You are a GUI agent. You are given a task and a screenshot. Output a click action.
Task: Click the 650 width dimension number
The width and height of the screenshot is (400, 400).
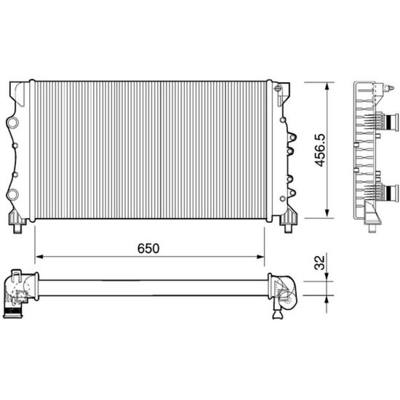[x=148, y=249]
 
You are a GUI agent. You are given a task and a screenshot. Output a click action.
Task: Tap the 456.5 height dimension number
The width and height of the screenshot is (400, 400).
[x=320, y=151]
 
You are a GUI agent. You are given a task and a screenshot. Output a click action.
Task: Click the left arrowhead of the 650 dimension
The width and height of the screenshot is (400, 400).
[x=39, y=257]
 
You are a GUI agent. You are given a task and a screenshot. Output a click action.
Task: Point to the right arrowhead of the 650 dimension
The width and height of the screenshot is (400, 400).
[x=260, y=257]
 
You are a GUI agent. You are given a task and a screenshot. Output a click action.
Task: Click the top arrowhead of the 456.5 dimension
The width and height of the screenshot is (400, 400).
[x=327, y=87]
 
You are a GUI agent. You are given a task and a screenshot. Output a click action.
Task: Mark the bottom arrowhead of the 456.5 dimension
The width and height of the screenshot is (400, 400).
[x=327, y=214]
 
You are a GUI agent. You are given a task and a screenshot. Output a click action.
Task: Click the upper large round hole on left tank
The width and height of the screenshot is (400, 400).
[x=12, y=122]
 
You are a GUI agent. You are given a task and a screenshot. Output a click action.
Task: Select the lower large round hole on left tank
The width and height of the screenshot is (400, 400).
[x=12, y=195]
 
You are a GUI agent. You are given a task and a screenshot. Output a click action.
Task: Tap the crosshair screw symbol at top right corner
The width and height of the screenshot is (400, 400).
[x=277, y=89]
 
